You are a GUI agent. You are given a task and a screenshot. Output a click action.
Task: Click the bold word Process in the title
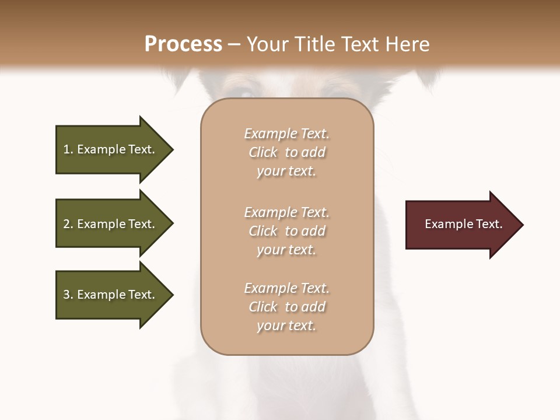pyautogui.click(x=183, y=44)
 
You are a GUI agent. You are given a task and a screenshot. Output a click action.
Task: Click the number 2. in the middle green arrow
pyautogui.click(x=68, y=224)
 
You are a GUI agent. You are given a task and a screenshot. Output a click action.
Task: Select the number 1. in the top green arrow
pyautogui.click(x=68, y=149)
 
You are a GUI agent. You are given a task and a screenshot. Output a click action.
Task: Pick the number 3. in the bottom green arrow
pyautogui.click(x=68, y=295)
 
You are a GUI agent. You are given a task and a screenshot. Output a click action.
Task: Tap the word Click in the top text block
pyautogui.click(x=263, y=152)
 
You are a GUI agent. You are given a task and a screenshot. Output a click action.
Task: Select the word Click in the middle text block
pyautogui.click(x=263, y=231)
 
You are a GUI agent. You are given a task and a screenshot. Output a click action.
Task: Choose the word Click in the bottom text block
pyautogui.click(x=263, y=307)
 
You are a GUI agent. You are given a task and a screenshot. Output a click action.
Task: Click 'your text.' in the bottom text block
pyautogui.click(x=286, y=325)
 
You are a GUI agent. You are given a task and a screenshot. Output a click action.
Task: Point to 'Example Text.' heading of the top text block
pyautogui.click(x=286, y=134)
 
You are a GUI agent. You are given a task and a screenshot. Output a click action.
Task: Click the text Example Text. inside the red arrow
pyautogui.click(x=463, y=224)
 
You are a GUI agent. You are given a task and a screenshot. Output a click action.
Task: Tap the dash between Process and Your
pyautogui.click(x=234, y=45)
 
